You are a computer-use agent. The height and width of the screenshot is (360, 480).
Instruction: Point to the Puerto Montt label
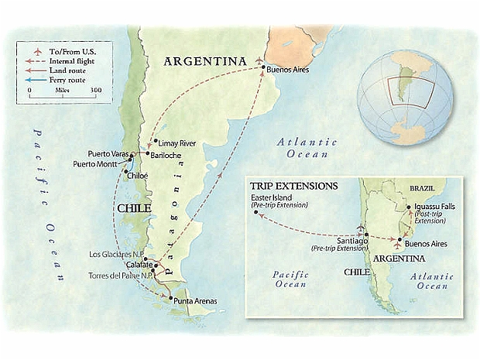coord(97,163)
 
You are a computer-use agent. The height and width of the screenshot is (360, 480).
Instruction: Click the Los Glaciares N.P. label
coord(116,254)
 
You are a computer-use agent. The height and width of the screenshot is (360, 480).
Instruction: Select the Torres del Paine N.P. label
coord(118,276)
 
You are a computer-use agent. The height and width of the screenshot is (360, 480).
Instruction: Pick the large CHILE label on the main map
coord(134,208)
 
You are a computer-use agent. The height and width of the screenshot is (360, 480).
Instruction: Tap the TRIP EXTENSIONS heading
coord(293,186)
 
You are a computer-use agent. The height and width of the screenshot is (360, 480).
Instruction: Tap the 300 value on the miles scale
coord(95,90)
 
